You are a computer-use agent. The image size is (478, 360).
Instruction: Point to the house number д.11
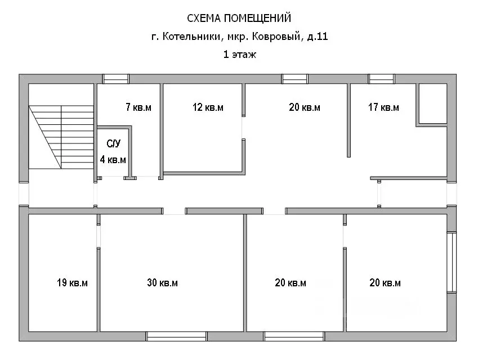tap(317, 37)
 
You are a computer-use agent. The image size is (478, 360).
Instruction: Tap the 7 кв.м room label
tap(139, 107)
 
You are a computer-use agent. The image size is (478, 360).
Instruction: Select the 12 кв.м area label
tap(208, 107)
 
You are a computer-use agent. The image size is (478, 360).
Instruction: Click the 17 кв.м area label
tap(383, 107)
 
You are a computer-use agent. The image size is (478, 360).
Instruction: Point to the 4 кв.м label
tap(113, 160)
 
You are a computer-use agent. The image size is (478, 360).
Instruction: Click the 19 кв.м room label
tap(72, 283)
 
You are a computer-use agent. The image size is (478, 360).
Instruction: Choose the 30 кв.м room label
tap(162, 283)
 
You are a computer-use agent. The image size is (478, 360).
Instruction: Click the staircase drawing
tap(60, 136)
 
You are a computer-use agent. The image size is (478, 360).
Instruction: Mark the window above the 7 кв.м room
tap(116, 79)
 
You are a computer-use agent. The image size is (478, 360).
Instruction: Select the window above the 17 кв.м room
tap(382, 79)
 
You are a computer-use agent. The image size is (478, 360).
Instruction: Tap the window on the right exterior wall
tap(452, 262)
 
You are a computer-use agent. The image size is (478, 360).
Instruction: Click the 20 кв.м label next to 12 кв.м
tap(305, 107)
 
